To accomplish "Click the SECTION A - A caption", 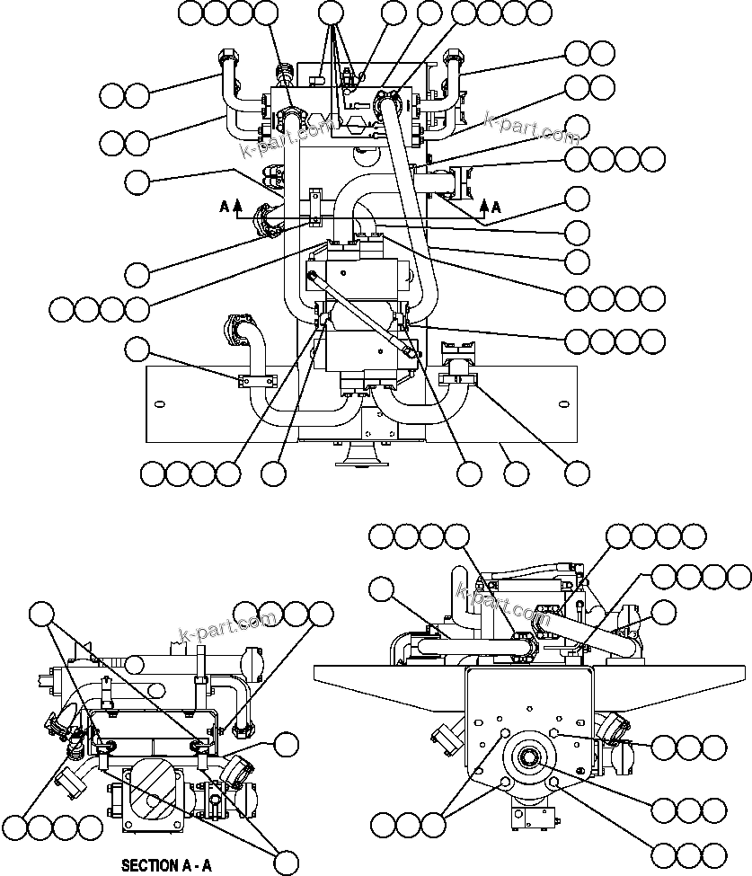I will [x=166, y=866].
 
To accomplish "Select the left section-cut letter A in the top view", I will [x=225, y=207].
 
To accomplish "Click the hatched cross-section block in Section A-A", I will [x=149, y=792].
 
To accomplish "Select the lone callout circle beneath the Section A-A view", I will [x=287, y=863].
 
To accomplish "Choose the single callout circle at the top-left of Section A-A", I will [x=42, y=614].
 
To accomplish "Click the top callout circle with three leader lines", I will [x=332, y=13].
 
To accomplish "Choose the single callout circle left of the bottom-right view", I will [x=382, y=589].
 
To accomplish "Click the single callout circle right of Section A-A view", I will [x=287, y=744].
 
